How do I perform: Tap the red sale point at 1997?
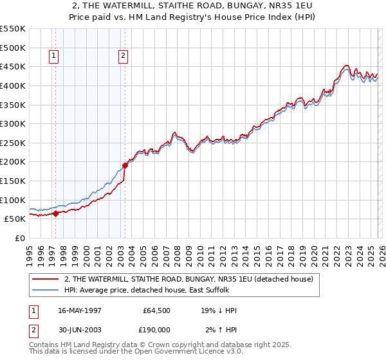(x=56, y=213)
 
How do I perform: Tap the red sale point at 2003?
(x=125, y=166)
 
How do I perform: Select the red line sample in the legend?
(x=46, y=279)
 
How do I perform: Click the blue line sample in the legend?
(x=46, y=289)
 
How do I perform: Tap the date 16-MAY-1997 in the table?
(x=80, y=310)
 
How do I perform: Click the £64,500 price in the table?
(x=156, y=310)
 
